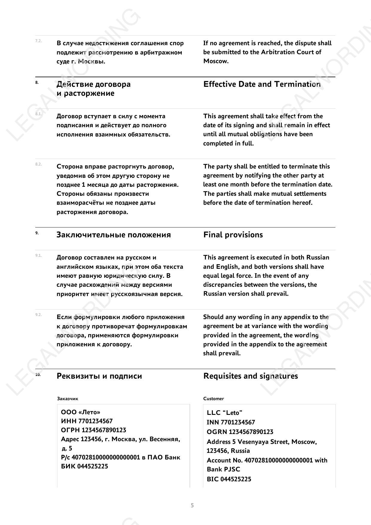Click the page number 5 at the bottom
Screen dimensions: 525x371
pos(192,506)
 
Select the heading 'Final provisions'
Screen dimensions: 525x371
pos(233,235)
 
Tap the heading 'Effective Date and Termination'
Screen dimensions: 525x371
pos(262,84)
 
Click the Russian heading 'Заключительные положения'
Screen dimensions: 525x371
pos(114,235)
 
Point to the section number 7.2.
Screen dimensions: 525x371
pos(39,41)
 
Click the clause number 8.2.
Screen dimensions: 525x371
pos(39,164)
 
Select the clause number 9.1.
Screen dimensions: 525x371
pos(39,255)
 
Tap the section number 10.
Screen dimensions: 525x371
pos(38,374)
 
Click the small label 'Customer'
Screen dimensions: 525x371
pos(213,399)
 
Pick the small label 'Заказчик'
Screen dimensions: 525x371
pos(68,399)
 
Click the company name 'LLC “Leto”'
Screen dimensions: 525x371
pos(225,413)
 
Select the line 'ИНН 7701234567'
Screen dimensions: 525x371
pos(87,421)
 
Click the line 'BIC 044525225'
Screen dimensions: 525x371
pos(229,479)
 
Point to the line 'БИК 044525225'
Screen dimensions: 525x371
pos(84,466)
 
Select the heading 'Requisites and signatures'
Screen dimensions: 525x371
pos(251,376)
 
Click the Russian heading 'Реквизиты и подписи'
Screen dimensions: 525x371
pos(99,376)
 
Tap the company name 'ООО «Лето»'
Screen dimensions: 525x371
pos(80,412)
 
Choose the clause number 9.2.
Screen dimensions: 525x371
pos(39,315)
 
